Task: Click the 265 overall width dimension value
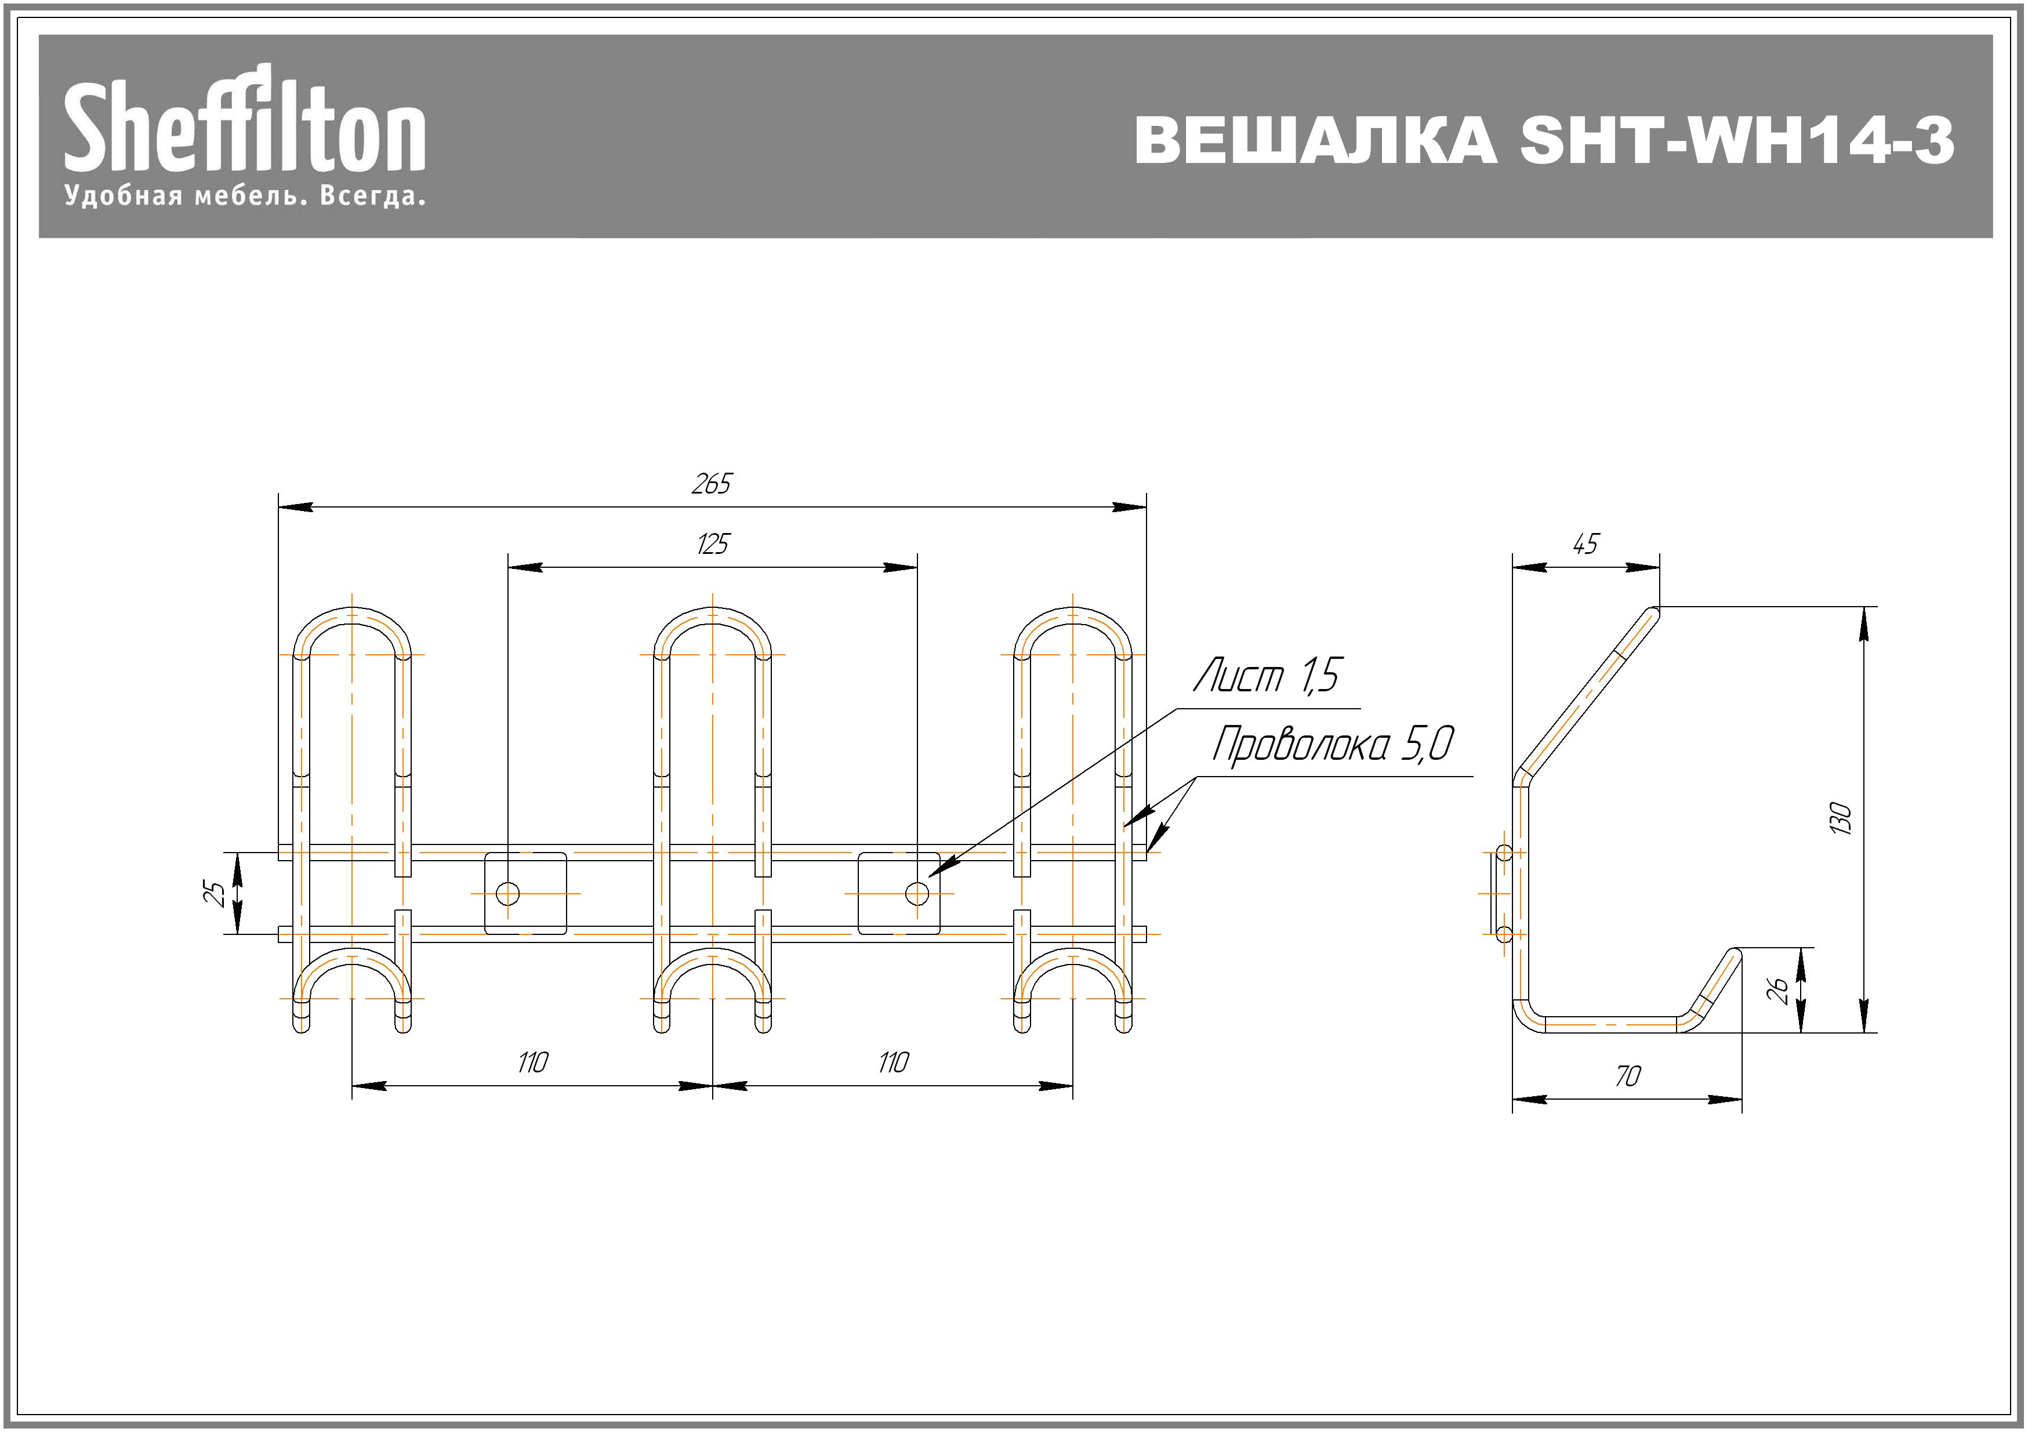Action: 711,484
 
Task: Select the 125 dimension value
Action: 712,544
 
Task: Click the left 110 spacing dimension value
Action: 532,1062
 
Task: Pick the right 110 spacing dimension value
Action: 893,1062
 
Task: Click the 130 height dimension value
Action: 1840,819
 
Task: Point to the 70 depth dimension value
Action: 1627,1076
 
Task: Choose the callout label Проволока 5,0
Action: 1331,745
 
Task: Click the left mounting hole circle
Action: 508,894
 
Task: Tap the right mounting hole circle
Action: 917,894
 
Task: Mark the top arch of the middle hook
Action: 713,616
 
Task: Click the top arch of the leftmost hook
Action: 353,616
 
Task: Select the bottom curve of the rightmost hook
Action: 1073,959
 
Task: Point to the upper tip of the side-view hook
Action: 1653,611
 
